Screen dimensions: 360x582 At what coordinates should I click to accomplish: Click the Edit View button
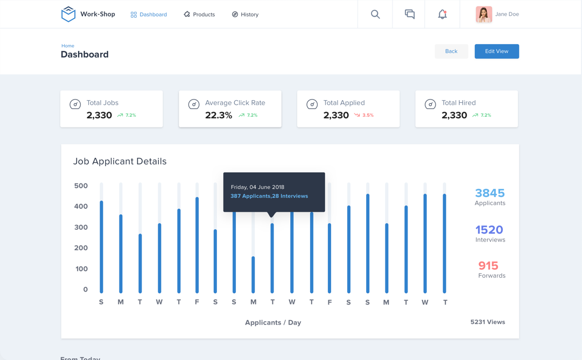pos(496,51)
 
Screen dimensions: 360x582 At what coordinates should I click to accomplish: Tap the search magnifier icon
pos(375,15)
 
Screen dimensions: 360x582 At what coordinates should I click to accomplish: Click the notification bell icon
pos(442,15)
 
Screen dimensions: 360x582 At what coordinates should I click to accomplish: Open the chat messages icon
pos(410,15)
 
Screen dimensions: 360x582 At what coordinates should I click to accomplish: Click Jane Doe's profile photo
pos(483,15)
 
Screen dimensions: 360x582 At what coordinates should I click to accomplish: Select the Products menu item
pos(199,15)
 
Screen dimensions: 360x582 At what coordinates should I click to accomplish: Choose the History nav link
pos(245,15)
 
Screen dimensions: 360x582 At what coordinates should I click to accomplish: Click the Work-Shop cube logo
pos(68,14)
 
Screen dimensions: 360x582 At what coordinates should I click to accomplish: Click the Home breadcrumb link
pos(68,46)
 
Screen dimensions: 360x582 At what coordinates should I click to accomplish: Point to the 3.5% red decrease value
pos(368,115)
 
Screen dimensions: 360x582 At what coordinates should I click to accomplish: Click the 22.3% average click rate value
pos(219,115)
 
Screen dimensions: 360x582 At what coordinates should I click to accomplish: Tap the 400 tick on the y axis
pos(81,207)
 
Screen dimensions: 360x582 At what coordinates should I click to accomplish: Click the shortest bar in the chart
pos(253,274)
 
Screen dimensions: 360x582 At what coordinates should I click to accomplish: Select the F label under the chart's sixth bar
pos(197,302)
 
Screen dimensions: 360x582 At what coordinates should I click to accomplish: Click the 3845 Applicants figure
pos(489,193)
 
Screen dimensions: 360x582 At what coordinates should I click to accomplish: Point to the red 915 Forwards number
pos(488,266)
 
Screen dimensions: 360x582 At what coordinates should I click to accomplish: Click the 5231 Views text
pos(487,322)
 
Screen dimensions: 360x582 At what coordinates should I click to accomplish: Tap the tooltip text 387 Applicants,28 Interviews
pos(269,196)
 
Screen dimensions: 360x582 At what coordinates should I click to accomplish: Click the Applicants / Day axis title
pos(273,322)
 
